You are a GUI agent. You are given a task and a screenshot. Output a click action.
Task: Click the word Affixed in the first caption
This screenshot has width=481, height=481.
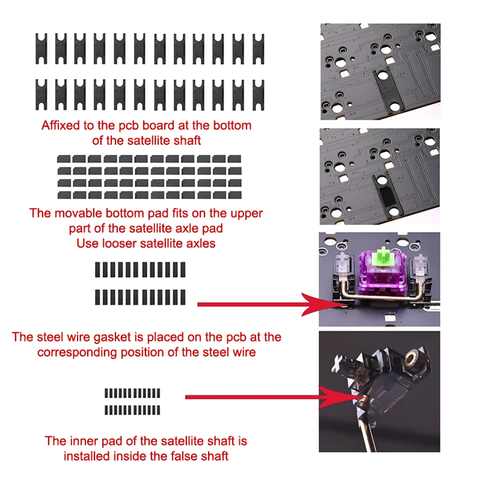(x=60, y=126)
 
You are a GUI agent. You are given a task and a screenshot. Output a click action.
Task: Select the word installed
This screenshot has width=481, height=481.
(x=84, y=456)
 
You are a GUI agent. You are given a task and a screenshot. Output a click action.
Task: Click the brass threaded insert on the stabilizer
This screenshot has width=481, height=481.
(x=414, y=361)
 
